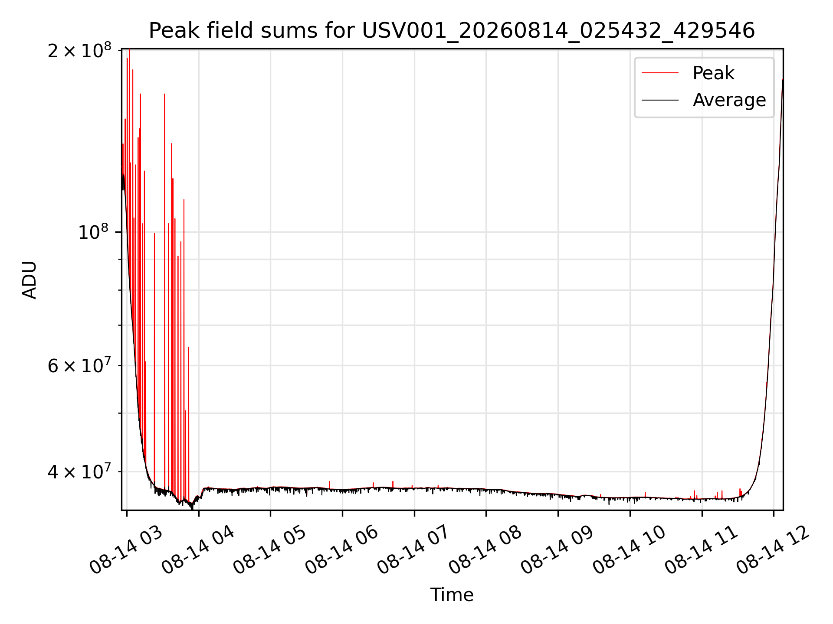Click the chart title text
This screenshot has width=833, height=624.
coord(452,31)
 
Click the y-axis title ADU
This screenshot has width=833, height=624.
coord(30,279)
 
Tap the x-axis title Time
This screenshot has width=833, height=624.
coord(452,595)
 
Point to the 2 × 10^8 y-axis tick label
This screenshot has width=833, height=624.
coord(80,50)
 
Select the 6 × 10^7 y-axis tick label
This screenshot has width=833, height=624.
coord(80,365)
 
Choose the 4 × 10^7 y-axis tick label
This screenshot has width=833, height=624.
coord(80,471)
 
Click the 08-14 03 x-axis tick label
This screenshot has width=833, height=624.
coord(126,551)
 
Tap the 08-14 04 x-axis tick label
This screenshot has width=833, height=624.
coord(198,551)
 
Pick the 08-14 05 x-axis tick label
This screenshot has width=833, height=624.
coord(270,551)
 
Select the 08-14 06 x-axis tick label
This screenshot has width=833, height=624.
coord(342,551)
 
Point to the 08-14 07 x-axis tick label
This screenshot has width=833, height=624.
coord(414,551)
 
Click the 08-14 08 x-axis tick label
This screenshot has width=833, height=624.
coord(485,551)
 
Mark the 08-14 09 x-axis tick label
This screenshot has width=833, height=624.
coord(558,551)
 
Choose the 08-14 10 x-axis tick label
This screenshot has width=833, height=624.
coord(630,551)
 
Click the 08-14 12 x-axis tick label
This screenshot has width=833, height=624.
coord(773,551)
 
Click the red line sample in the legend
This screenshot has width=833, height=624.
coord(660,73)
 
